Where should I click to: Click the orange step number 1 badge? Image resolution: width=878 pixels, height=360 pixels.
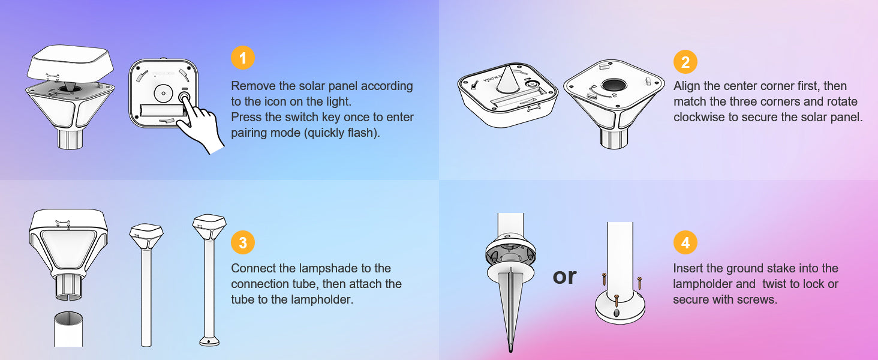point(243,58)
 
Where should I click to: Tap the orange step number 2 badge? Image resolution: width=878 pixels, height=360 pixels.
point(685,62)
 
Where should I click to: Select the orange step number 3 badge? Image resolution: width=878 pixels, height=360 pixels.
point(243,242)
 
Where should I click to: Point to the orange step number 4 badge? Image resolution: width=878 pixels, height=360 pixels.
point(685,242)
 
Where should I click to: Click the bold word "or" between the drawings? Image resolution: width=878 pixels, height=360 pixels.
point(564,277)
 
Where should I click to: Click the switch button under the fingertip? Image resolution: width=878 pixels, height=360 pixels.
point(184,97)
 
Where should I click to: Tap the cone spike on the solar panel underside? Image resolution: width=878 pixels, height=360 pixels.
point(507,79)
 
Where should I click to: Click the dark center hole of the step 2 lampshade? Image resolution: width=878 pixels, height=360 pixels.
point(614,85)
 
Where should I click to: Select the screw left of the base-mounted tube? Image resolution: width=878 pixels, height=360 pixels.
point(605,279)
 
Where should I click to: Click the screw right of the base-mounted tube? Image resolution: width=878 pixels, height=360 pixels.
point(639,283)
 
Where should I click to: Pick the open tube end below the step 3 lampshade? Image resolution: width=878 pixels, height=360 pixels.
point(68,329)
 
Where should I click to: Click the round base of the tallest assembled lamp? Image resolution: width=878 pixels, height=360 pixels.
point(209,341)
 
